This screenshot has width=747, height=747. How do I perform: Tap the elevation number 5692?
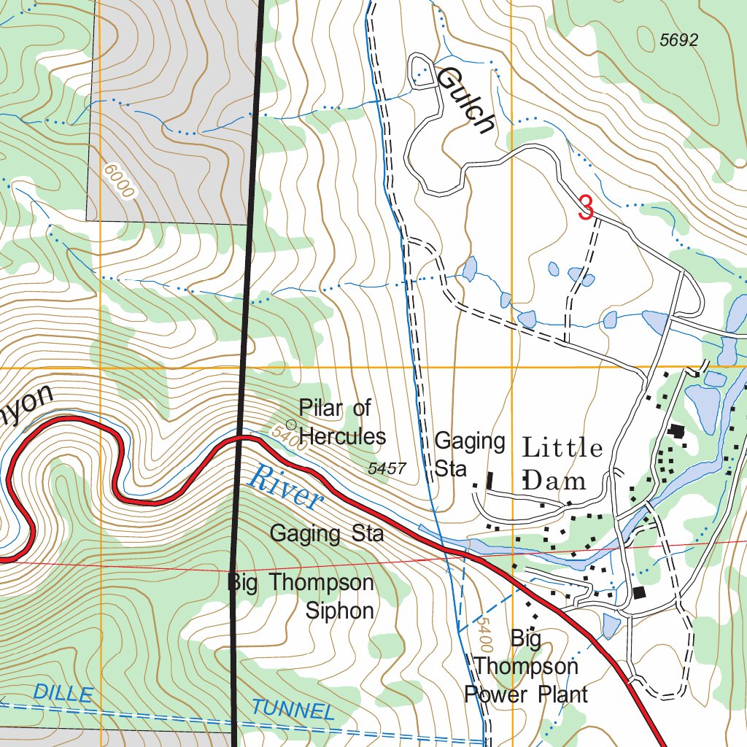point(678,41)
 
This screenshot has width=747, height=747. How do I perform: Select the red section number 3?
point(586,207)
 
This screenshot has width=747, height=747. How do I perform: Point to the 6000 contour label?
point(120,180)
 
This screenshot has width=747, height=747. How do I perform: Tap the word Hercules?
point(342,436)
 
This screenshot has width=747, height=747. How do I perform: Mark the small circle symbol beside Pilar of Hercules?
point(291,424)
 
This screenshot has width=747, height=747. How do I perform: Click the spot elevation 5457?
point(387,469)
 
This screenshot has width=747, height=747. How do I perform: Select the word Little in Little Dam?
point(562,448)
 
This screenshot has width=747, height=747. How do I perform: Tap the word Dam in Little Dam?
point(554,480)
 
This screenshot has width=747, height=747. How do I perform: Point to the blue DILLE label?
point(63,694)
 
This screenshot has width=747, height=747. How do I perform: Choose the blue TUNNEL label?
point(292,709)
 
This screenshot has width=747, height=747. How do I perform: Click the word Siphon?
point(339,610)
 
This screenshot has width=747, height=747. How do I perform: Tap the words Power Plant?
point(525,694)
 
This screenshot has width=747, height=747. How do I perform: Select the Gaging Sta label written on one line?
point(326,533)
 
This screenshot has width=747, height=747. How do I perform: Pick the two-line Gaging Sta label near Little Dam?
point(469,454)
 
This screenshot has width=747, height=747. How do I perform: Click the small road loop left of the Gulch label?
point(421,71)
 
